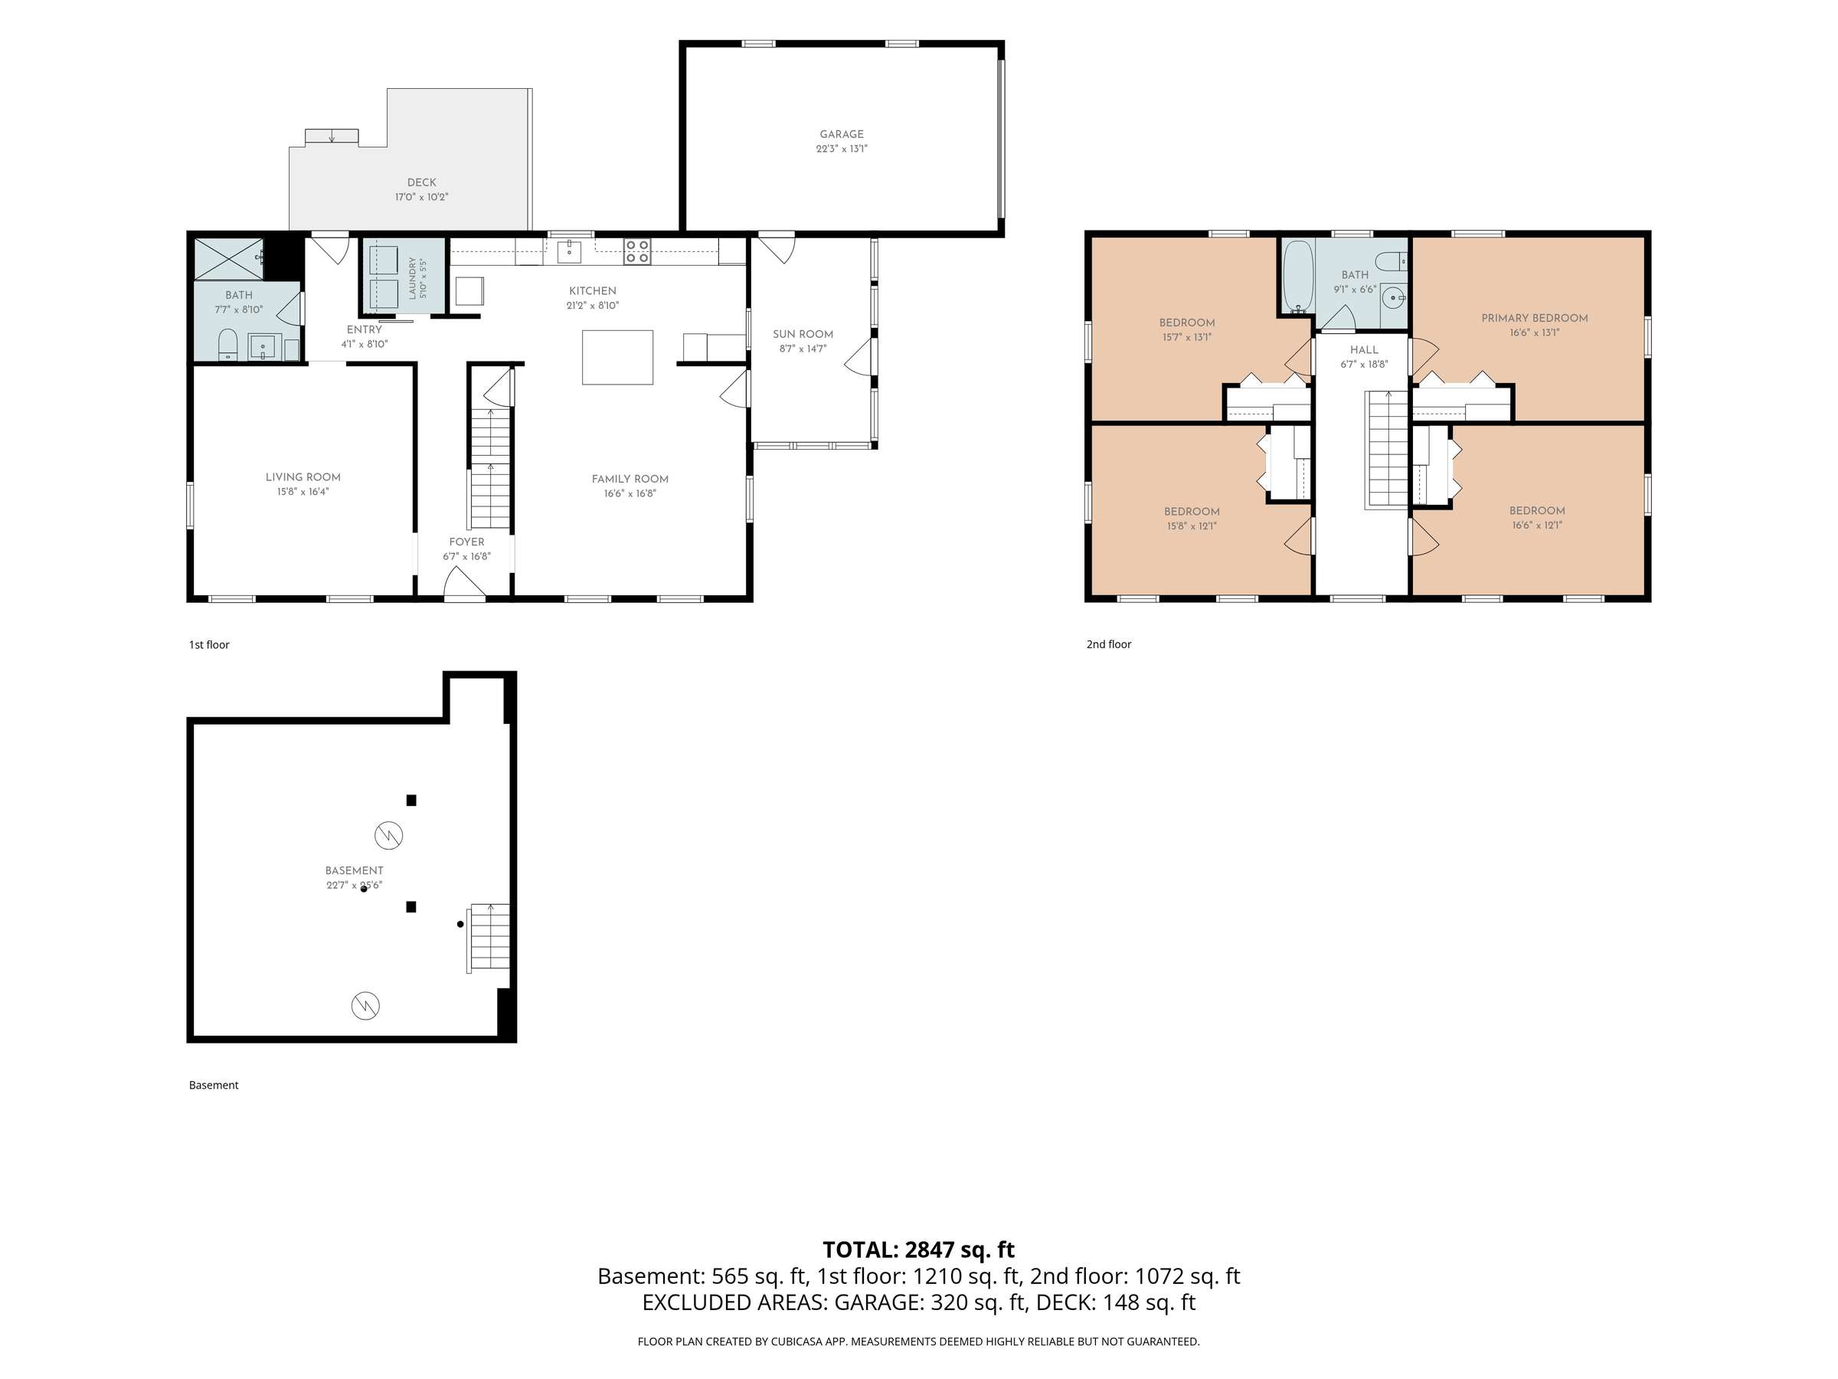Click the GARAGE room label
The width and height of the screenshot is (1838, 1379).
click(x=842, y=135)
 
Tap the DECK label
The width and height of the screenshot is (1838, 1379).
click(x=421, y=182)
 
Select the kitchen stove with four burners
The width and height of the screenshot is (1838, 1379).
click(x=637, y=252)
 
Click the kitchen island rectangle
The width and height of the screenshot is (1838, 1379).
click(x=617, y=358)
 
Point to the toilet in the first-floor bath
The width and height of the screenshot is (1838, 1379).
click(x=227, y=345)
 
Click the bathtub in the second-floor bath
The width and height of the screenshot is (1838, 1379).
click(x=1297, y=277)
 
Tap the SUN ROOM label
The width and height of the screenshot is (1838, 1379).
click(x=803, y=334)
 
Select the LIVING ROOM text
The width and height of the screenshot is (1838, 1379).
click(x=303, y=477)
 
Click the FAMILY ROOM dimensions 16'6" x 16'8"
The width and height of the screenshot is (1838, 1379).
click(x=630, y=493)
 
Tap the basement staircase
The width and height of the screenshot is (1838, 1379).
click(x=489, y=938)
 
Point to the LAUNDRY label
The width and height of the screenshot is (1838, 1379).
click(x=412, y=277)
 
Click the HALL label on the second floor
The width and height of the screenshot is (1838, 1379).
click(x=1365, y=350)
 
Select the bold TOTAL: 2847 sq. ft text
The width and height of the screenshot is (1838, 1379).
click(x=919, y=1250)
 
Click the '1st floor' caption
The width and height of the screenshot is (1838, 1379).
click(x=209, y=645)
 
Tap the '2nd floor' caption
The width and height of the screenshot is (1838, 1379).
click(x=1109, y=644)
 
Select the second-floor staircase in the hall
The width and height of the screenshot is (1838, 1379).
click(x=1388, y=449)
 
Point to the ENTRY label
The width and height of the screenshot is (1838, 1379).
click(x=364, y=330)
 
